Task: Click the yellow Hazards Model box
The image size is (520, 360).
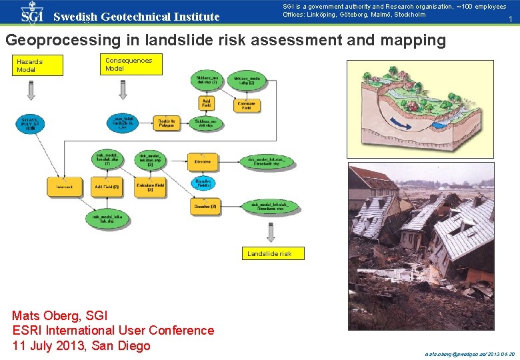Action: [x=39, y=65]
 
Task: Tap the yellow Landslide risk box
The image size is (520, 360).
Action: [x=274, y=253]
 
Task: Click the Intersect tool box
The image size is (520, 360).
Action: [x=65, y=187]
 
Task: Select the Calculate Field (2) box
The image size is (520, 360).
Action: [x=150, y=187]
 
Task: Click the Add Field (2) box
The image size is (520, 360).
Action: [x=107, y=187]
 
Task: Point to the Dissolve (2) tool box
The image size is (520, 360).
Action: [x=204, y=207]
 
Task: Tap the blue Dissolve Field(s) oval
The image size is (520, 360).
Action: [x=204, y=183]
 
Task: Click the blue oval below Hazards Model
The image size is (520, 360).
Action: [x=31, y=125]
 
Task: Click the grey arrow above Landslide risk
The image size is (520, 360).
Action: [x=271, y=232]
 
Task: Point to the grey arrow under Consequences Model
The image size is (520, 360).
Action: [x=123, y=89]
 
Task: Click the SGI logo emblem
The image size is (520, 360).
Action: [x=31, y=13]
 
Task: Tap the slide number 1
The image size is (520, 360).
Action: [x=510, y=21]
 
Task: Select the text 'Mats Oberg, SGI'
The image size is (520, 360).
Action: [x=60, y=315]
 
